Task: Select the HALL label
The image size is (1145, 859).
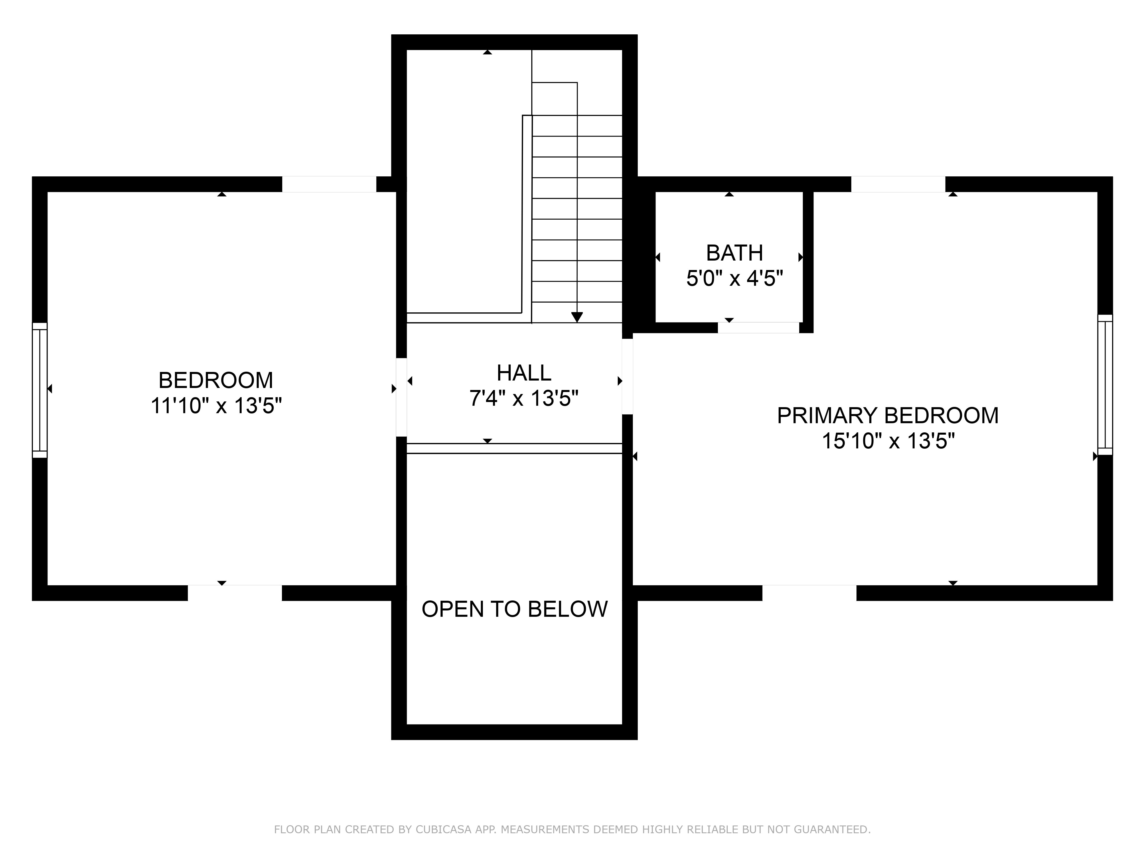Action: click(524, 373)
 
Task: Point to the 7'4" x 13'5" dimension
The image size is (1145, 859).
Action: click(524, 399)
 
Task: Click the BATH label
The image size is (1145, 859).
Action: click(735, 253)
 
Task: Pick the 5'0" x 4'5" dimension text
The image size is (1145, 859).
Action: click(735, 279)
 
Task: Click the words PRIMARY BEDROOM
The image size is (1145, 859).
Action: click(888, 416)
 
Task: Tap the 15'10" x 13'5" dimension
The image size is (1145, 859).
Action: click(888, 441)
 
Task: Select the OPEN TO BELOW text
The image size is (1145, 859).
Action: click(514, 609)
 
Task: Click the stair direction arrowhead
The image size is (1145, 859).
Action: click(577, 317)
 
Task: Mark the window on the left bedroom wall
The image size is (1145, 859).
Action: click(40, 390)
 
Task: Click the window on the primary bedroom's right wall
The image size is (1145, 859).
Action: click(1105, 385)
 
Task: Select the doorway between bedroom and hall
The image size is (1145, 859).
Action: click(401, 397)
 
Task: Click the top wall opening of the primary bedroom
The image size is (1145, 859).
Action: click(898, 184)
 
